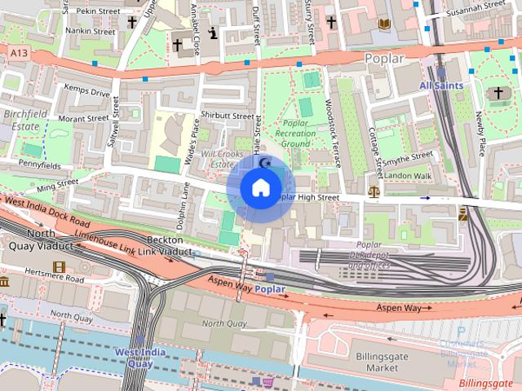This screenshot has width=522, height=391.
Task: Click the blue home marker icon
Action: [260, 188]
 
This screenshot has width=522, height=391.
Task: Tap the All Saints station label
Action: [441, 85]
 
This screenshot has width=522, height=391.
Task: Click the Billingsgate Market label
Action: [382, 362]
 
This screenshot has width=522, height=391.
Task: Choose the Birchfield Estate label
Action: [20, 121]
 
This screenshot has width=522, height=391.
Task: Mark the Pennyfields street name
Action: [39, 165]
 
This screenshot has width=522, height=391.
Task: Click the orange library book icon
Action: [384, 24]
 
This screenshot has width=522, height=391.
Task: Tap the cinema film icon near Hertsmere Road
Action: [59, 266]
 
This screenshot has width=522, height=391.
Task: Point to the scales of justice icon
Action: [374, 192]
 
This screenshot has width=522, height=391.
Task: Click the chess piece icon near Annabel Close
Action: [214, 34]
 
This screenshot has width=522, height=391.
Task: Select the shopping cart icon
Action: [266, 380]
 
